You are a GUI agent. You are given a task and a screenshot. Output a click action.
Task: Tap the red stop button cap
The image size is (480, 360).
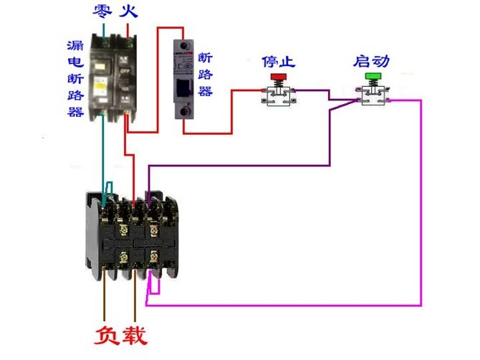click(277, 76)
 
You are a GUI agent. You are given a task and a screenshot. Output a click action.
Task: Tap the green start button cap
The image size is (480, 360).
click(373, 76)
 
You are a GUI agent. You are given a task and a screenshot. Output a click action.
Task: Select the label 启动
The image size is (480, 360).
click(371, 60)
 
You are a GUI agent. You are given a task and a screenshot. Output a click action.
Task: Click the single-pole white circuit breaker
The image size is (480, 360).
click(185, 79)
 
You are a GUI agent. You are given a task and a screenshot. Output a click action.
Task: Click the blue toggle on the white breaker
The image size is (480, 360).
click(185, 84)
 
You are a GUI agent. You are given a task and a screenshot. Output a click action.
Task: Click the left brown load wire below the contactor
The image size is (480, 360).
click(105, 301)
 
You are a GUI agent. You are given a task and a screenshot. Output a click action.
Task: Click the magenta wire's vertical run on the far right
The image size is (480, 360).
click(420, 201)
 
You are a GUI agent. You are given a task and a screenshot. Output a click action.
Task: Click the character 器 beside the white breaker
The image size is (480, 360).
click(206, 91)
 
